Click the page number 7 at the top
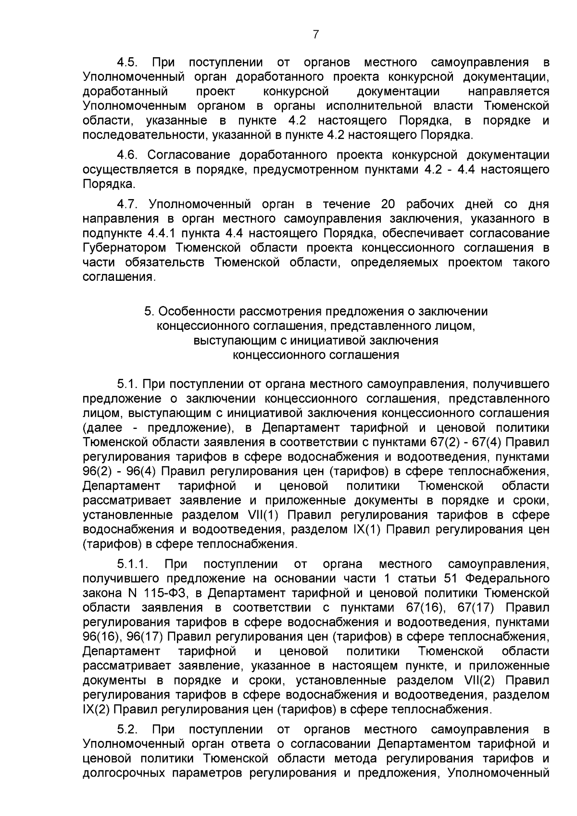pos(316,35)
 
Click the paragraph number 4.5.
pos(128,63)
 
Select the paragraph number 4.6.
pos(127,155)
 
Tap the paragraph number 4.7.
pos(128,204)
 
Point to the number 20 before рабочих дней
pos(388,204)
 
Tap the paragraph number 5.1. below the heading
pos(128,384)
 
